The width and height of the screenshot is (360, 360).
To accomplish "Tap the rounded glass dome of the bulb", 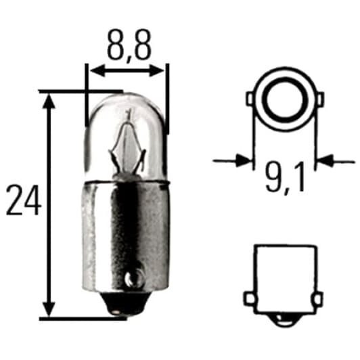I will click(127, 108).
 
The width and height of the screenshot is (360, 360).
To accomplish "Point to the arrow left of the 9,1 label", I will click(241, 160).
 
